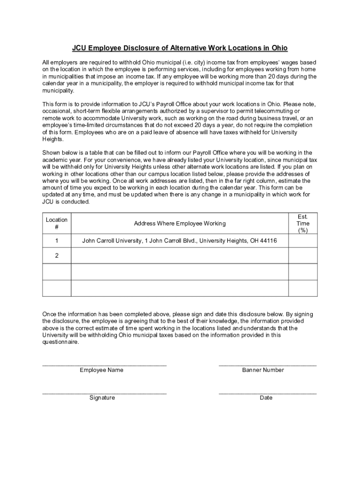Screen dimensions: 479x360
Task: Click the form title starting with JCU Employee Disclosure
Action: tap(180, 48)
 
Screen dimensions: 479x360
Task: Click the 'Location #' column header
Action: tap(57, 224)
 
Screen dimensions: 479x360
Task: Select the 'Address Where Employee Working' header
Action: tap(180, 224)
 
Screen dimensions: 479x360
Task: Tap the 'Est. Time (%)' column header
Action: tap(303, 224)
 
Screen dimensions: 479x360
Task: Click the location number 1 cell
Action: tap(57, 241)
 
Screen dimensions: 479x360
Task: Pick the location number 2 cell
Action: tap(57, 256)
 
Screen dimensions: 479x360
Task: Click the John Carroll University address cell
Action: tap(180, 241)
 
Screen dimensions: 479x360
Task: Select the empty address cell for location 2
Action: tap(180, 256)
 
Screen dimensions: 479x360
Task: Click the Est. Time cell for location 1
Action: tap(303, 241)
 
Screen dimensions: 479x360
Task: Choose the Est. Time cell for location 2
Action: tap(303, 256)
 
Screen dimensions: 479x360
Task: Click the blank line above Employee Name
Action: tap(104, 363)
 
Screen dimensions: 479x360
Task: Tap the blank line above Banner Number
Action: tap(267, 363)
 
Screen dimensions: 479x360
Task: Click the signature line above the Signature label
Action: tap(104, 392)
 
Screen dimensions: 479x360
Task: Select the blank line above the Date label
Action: tap(267, 392)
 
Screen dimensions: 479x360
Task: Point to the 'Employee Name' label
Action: tap(101, 370)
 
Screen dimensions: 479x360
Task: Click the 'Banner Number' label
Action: tap(263, 370)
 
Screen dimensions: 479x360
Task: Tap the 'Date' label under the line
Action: tap(266, 398)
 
